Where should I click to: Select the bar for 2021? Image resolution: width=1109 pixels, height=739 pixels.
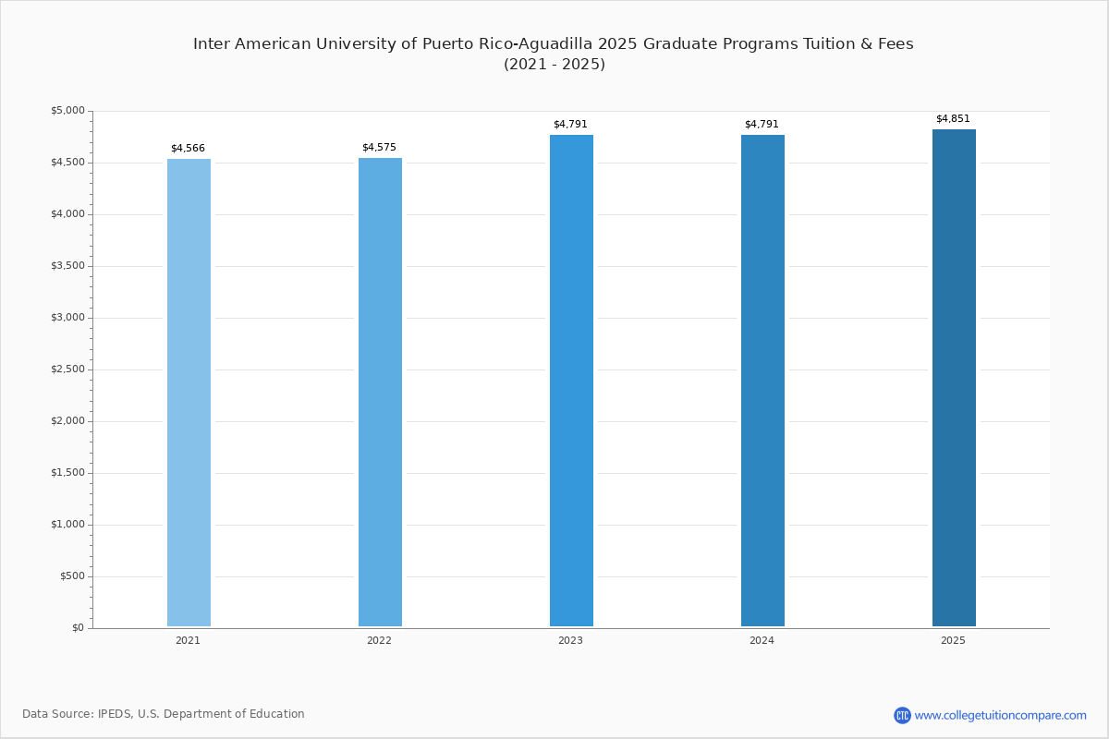pyautogui.click(x=189, y=393)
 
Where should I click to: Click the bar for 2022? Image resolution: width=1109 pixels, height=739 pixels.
pyautogui.click(x=380, y=392)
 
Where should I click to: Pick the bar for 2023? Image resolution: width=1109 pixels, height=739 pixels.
pyautogui.click(x=571, y=381)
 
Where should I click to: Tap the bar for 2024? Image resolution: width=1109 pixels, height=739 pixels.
pyautogui.click(x=762, y=381)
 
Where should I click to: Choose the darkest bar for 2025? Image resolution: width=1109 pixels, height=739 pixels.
pyautogui.click(x=954, y=378)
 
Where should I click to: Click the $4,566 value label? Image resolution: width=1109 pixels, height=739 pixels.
pyautogui.click(x=189, y=148)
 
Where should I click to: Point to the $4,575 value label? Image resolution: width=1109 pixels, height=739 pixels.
pyautogui.click(x=379, y=147)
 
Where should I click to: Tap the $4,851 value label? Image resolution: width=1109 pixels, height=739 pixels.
pyautogui.click(x=953, y=118)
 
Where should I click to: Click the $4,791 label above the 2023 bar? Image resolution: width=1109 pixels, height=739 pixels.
pyautogui.click(x=570, y=124)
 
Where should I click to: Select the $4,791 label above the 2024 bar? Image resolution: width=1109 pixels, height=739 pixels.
pyautogui.click(x=762, y=124)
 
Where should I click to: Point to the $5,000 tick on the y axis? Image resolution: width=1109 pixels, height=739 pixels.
pyautogui.click(x=67, y=110)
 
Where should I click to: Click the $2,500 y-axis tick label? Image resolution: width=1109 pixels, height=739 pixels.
pyautogui.click(x=67, y=369)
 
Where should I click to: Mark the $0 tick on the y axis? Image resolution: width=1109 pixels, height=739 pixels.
pyautogui.click(x=79, y=628)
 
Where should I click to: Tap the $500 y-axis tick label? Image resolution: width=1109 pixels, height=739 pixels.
pyautogui.click(x=73, y=576)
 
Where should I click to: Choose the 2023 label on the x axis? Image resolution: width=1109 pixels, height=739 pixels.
pyautogui.click(x=570, y=640)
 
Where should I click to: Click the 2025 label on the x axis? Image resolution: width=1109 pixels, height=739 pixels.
pyautogui.click(x=953, y=640)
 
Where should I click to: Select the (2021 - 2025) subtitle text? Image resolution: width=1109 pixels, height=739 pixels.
pyautogui.click(x=554, y=65)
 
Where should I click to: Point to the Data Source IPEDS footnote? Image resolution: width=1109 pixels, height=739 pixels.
pyautogui.click(x=164, y=714)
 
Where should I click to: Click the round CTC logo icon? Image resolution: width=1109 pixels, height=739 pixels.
pyautogui.click(x=902, y=715)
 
